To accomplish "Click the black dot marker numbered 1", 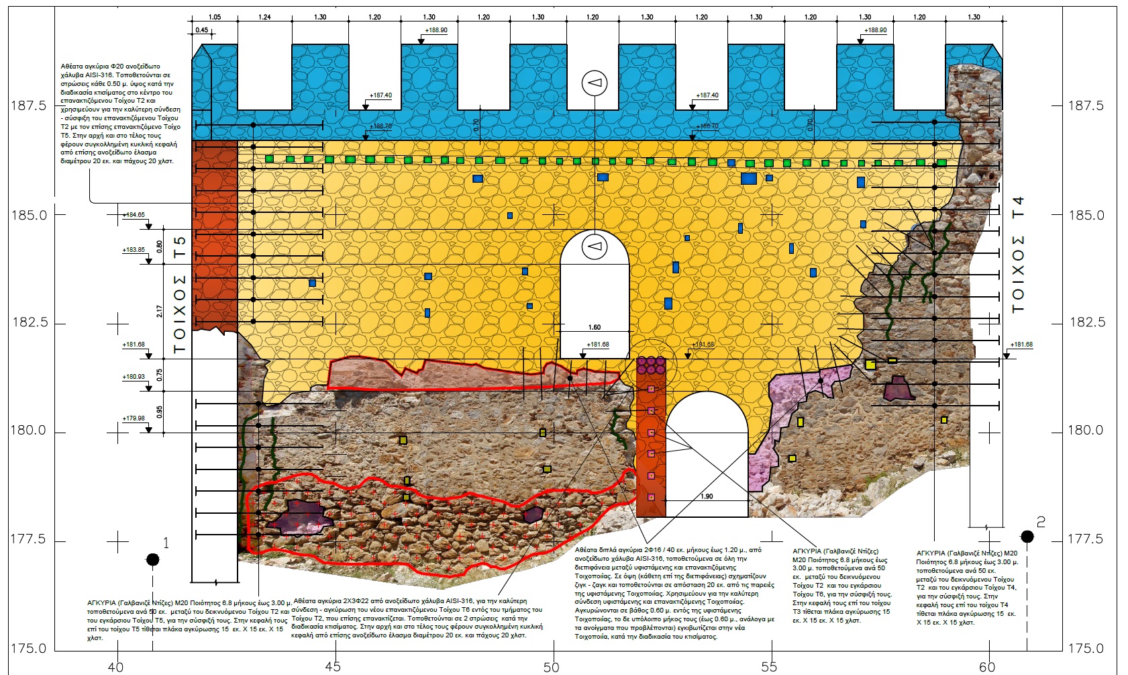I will [x=153, y=559].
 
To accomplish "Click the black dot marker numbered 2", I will [x=1027, y=536].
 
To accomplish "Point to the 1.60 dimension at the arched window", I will [x=595, y=328].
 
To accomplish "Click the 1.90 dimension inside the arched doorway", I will [x=707, y=496].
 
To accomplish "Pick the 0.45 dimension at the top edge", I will [x=201, y=30].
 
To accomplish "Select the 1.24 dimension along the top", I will [x=265, y=17].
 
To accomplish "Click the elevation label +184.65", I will [x=134, y=215].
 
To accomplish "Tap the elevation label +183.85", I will [x=134, y=250].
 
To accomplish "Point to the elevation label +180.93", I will [x=134, y=377].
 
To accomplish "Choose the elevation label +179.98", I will [x=134, y=418].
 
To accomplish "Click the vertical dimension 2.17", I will [x=160, y=312].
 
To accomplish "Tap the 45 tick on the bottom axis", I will [x=333, y=666].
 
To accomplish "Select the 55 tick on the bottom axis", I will [x=769, y=666].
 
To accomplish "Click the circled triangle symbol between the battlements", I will [x=595, y=83].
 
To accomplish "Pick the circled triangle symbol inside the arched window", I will [x=595, y=246].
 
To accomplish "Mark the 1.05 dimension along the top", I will [x=215, y=17].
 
